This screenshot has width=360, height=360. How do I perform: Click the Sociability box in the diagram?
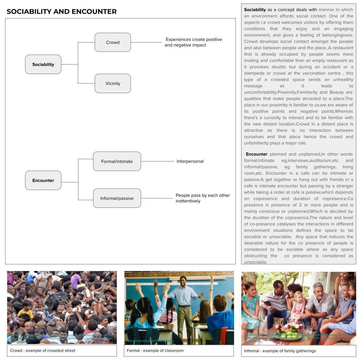[43, 65]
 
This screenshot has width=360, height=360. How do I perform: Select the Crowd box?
[113, 42]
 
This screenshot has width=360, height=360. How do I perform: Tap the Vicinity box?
[113, 84]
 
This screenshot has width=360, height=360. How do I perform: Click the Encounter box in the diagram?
[43, 180]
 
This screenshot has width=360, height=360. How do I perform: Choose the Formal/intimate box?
[117, 161]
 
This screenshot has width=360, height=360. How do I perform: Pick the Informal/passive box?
[117, 198]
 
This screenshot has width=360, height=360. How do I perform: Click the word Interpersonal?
[190, 161]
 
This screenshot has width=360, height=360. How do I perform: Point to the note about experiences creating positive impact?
[193, 42]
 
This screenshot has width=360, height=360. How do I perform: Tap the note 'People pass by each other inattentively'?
[202, 198]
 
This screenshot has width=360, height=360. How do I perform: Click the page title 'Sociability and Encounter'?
[62, 12]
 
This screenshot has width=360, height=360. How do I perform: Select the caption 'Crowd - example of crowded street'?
[43, 351]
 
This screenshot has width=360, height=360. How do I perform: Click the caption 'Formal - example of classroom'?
[155, 351]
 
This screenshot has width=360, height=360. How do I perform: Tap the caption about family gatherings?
[280, 351]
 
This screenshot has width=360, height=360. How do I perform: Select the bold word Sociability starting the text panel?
[255, 10]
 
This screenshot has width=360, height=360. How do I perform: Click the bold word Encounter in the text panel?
[257, 154]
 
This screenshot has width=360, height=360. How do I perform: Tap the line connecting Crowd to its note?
[146, 42]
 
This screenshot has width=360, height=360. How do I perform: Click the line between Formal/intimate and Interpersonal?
[157, 161]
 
